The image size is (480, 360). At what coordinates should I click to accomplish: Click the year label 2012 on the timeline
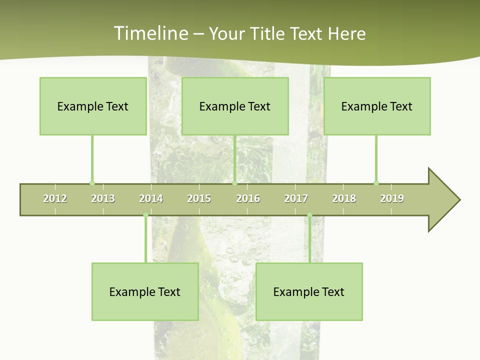(x=55, y=198)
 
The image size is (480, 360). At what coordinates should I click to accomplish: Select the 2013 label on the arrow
(x=103, y=198)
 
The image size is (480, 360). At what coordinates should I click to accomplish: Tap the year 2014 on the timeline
(x=151, y=198)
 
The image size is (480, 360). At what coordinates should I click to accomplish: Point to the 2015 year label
(x=199, y=198)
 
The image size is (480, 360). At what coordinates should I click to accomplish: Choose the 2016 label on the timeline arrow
(x=248, y=198)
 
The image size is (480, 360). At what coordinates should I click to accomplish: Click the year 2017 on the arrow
(x=296, y=198)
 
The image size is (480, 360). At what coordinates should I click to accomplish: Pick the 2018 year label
(x=344, y=198)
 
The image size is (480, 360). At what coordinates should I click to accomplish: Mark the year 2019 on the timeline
(x=392, y=198)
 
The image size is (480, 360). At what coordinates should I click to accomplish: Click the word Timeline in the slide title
(x=150, y=33)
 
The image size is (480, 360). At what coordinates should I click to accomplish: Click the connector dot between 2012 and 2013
(x=92, y=183)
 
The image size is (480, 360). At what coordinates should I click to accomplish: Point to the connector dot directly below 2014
(x=145, y=215)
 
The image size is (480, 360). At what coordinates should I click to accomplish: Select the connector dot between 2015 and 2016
(x=234, y=183)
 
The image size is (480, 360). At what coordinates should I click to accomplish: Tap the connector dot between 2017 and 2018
(x=309, y=215)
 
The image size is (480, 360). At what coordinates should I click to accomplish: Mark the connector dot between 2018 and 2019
(x=376, y=183)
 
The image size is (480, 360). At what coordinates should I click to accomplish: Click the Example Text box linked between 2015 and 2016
(x=235, y=106)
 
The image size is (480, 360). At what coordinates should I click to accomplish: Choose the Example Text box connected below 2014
(x=145, y=291)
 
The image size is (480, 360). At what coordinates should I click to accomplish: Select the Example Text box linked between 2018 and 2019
(x=377, y=106)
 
